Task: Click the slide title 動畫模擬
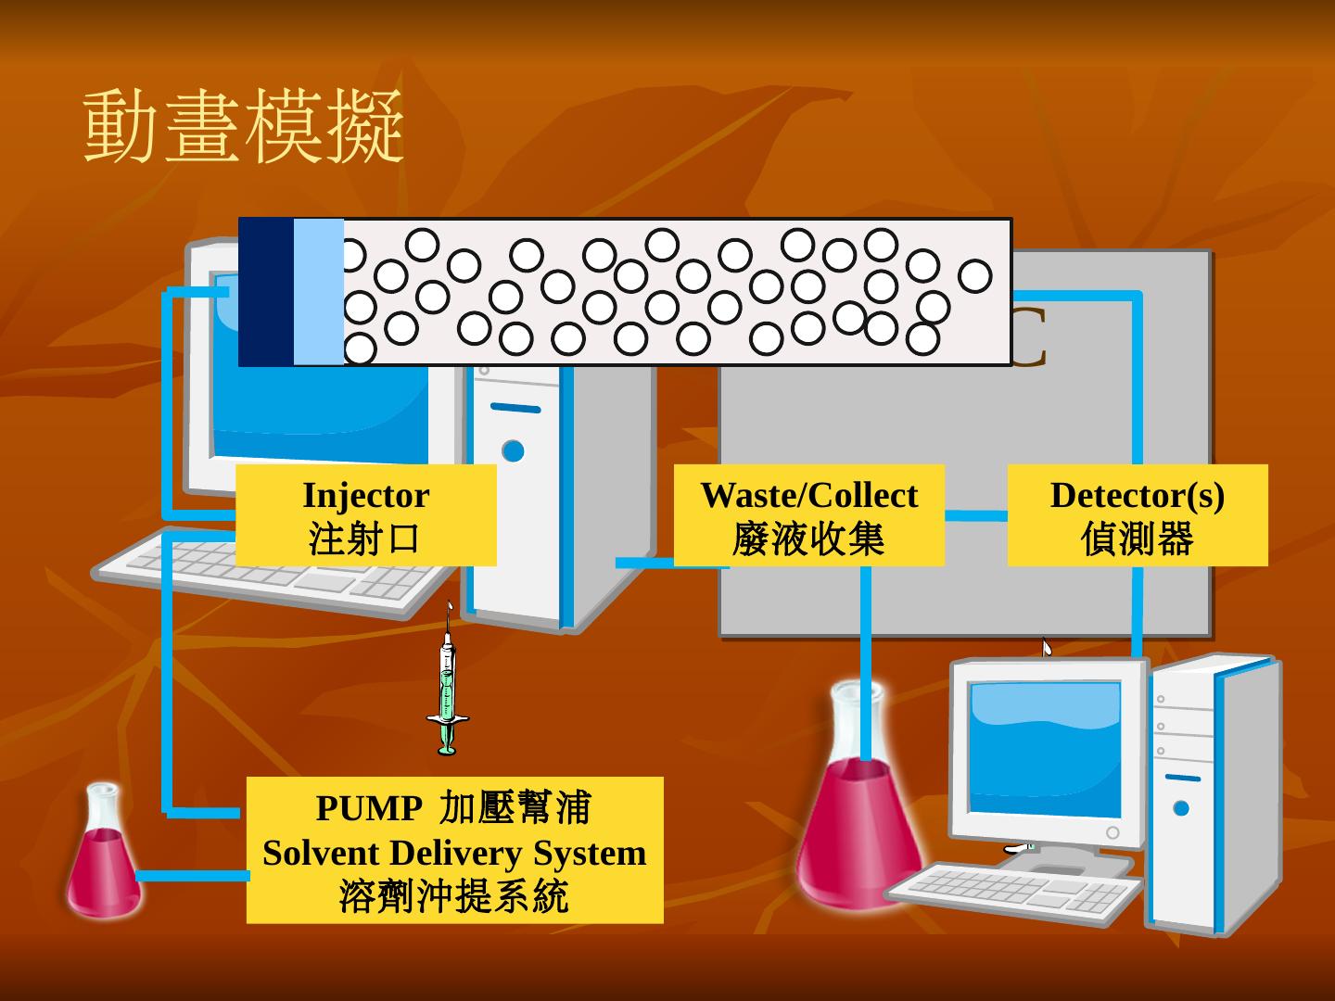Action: (x=244, y=127)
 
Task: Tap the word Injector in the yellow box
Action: (x=365, y=495)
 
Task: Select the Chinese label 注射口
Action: (x=365, y=539)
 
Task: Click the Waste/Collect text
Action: (x=808, y=495)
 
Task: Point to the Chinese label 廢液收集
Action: (x=808, y=539)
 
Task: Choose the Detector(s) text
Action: (x=1137, y=495)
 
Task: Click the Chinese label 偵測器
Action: (x=1137, y=539)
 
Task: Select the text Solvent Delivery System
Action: (x=454, y=853)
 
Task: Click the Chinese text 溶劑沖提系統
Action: (x=454, y=896)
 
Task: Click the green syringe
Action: (x=447, y=686)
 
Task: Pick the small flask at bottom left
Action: (x=103, y=857)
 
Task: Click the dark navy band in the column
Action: (x=266, y=292)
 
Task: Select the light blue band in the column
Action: (x=318, y=292)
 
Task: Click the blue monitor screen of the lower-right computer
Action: (x=1045, y=746)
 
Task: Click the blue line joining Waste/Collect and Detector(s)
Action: (x=975, y=515)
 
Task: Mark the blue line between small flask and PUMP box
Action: (x=192, y=876)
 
